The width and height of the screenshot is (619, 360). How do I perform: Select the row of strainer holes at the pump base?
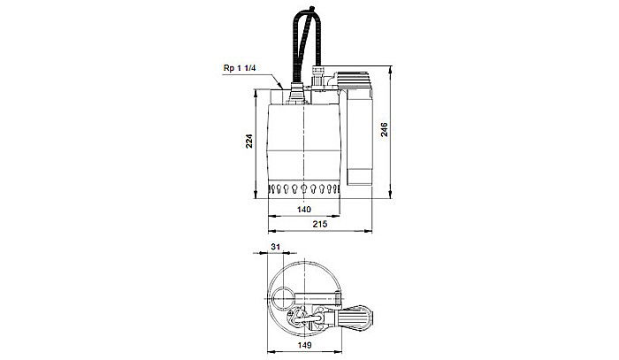pyautogui.click(x=304, y=190)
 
